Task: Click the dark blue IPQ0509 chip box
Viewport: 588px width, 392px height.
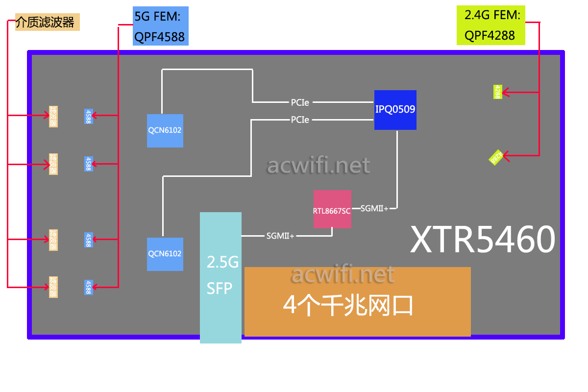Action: click(395, 110)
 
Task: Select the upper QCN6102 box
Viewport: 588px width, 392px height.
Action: click(165, 130)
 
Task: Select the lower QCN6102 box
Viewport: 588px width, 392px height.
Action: click(165, 254)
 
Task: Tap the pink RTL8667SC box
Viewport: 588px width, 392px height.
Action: click(332, 209)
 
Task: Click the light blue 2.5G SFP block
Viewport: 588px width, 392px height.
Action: click(220, 277)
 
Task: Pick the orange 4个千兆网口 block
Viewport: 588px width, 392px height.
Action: click(357, 302)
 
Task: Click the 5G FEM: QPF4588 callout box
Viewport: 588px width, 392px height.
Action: click(160, 26)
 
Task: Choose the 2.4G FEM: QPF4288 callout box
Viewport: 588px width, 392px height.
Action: click(490, 25)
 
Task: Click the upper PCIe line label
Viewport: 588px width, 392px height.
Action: click(300, 102)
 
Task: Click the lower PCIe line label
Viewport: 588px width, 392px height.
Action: click(300, 119)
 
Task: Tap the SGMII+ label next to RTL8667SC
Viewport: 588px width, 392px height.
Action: click(374, 208)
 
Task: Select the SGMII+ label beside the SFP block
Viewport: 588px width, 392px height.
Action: click(280, 236)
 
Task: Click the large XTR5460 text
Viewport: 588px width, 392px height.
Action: click(483, 240)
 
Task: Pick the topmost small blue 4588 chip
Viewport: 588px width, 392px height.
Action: click(88, 116)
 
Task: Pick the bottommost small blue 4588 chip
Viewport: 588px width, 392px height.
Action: click(88, 287)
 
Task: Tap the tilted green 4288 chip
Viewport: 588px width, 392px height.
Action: click(496, 157)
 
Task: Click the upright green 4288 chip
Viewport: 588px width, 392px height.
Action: click(497, 92)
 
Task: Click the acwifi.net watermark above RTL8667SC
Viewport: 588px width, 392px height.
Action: click(318, 166)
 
